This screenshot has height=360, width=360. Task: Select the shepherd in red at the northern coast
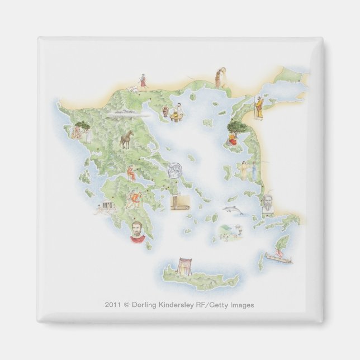(143, 82)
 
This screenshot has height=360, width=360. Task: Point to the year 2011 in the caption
(112, 305)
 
